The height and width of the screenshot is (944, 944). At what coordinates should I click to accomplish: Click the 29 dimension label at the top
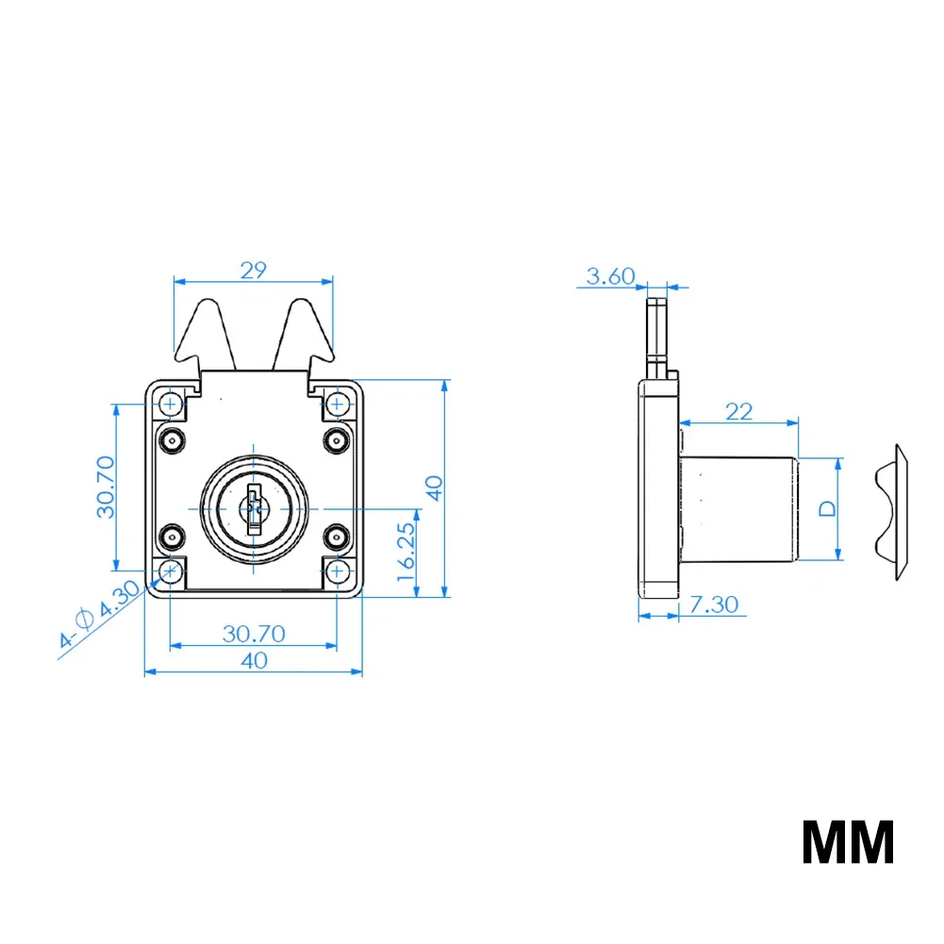254,270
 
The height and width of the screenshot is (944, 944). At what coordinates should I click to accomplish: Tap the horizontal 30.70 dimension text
254,634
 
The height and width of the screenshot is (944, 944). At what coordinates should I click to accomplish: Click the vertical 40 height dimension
433,488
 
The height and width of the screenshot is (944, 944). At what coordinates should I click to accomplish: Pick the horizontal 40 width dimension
254,661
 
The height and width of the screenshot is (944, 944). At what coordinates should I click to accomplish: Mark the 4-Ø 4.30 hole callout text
98,615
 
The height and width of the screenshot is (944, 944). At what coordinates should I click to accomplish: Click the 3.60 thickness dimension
611,275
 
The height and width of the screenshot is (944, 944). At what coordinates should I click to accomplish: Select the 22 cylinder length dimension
739,411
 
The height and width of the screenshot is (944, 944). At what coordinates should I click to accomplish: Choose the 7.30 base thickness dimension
713,604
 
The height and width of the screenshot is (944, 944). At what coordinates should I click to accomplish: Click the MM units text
848,842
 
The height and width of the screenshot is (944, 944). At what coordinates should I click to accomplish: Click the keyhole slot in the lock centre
253,509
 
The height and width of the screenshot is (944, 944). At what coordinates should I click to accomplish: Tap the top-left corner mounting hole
171,405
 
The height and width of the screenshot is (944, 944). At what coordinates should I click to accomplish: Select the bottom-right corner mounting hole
337,571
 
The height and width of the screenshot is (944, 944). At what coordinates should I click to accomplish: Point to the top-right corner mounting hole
337,405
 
